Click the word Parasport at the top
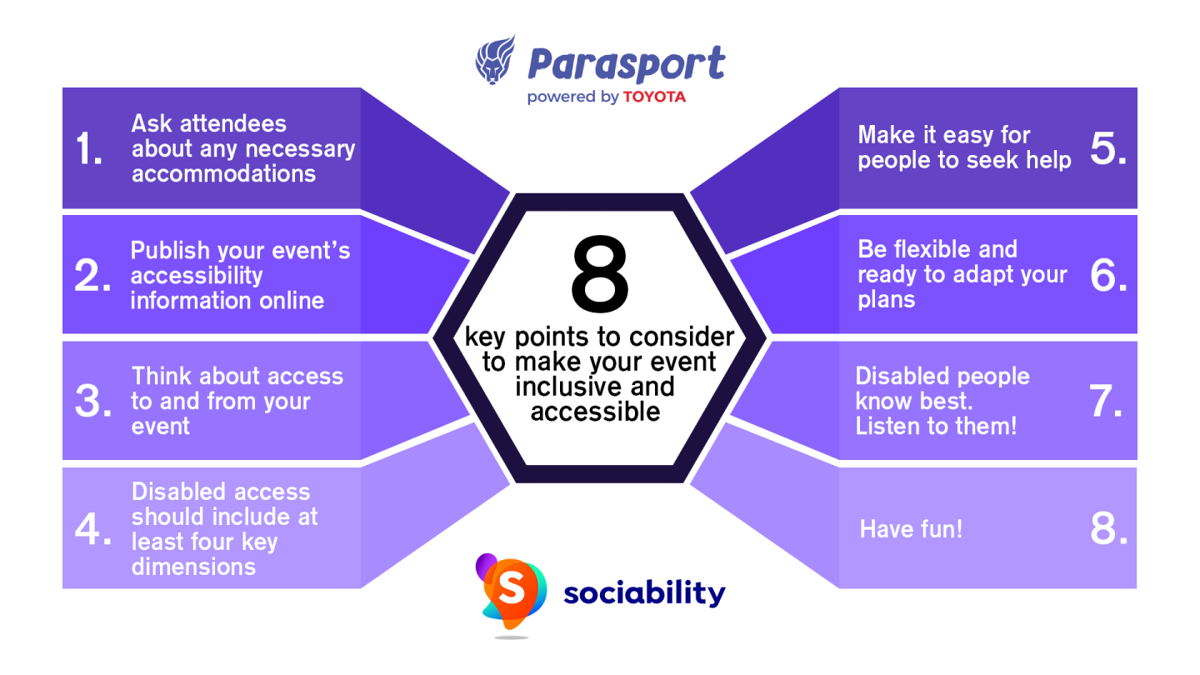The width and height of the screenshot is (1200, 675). [x=626, y=64]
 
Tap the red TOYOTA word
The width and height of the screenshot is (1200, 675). [x=654, y=97]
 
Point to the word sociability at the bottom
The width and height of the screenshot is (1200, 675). [x=644, y=593]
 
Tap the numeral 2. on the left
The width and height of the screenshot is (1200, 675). [x=92, y=277]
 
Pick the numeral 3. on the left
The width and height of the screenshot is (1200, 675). [x=92, y=402]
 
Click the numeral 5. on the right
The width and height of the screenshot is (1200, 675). [x=1107, y=148]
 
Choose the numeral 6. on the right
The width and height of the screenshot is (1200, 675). [x=1108, y=275]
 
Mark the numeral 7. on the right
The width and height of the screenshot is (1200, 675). [x=1108, y=402]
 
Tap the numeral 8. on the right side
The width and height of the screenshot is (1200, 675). [x=1108, y=529]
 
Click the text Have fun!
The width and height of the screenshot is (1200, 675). [x=911, y=529]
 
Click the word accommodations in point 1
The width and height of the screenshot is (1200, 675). [x=223, y=173]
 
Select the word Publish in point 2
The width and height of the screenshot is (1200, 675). [x=171, y=251]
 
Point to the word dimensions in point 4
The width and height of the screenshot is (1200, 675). [x=193, y=567]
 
